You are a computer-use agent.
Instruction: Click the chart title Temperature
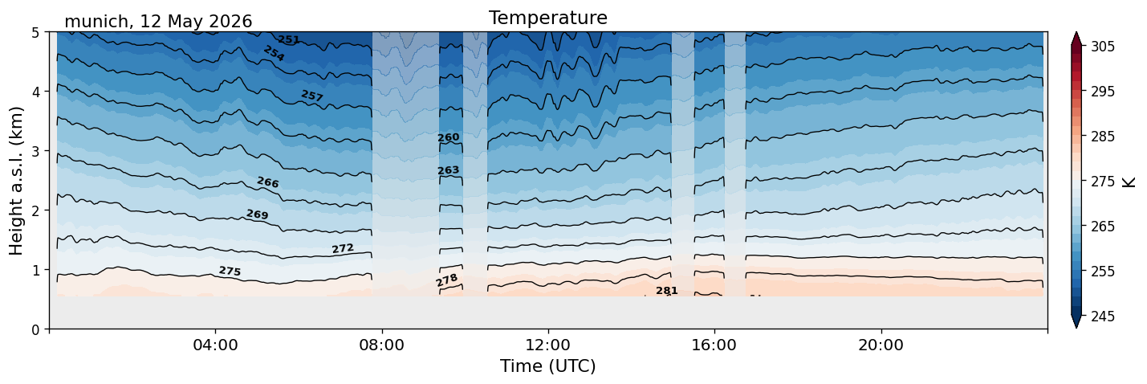pos(548,18)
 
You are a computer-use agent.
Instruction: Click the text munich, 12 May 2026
pos(158,22)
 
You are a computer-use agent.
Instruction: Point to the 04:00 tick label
pos(215,345)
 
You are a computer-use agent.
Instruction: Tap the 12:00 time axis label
pos(548,345)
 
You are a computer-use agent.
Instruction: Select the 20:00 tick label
pos(881,345)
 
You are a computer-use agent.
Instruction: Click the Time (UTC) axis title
pos(548,366)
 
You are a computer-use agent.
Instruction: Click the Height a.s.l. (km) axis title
pos(16,181)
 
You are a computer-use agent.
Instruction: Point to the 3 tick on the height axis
pos(35,151)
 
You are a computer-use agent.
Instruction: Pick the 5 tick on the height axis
pos(35,33)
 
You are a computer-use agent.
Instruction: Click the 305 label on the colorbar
pos(1102,47)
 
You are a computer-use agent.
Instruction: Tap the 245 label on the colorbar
pos(1102,317)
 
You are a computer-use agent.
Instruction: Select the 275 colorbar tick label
pos(1102,182)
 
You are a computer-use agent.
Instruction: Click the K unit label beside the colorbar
pos(1129,182)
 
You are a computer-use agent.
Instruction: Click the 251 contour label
pos(288,39)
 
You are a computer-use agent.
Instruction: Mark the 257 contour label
pos(312,96)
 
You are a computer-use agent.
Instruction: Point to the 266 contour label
pos(268,182)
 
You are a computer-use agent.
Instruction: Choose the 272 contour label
pos(343,249)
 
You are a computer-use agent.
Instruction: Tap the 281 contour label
pos(667,291)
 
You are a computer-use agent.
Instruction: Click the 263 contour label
pos(449,170)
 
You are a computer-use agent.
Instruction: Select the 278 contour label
pos(447,280)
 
